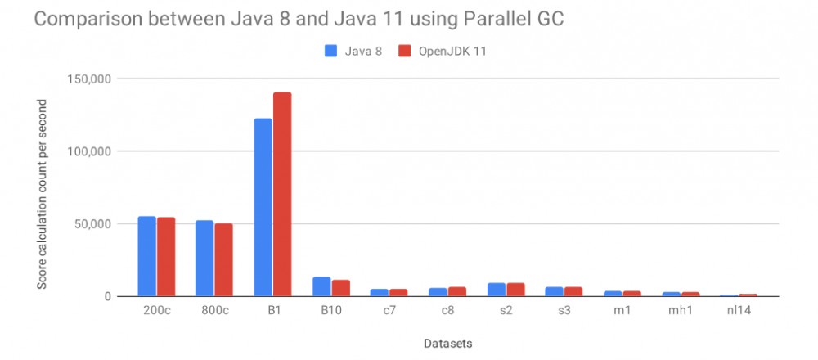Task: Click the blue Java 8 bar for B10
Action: coord(322,286)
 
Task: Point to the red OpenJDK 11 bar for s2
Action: coord(515,290)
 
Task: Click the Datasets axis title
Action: coord(448,344)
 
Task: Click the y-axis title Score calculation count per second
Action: coord(42,193)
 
